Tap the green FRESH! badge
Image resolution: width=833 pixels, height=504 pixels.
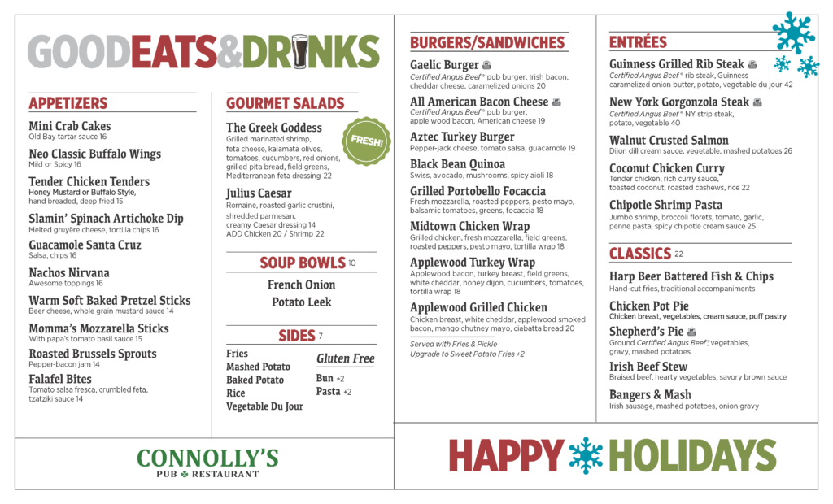[x=367, y=141]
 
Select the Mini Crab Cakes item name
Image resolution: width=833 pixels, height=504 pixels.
[x=70, y=126]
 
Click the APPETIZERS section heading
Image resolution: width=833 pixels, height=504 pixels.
[x=68, y=103]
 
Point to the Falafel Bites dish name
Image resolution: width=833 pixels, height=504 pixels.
[x=60, y=379]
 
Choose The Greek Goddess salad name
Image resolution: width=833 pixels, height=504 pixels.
[x=274, y=128]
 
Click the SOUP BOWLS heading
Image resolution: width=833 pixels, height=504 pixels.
[x=303, y=263]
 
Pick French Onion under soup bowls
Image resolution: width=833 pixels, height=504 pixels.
[x=301, y=285]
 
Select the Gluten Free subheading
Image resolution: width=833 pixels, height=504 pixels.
[x=345, y=358]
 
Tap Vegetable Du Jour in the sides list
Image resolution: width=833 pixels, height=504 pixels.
[x=264, y=406]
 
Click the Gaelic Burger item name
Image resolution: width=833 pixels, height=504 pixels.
[x=444, y=65]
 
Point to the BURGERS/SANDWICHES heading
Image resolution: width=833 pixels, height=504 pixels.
[x=487, y=42]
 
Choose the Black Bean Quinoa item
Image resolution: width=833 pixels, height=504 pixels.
[x=457, y=164]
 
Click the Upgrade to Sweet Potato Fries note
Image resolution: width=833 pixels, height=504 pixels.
[x=467, y=354]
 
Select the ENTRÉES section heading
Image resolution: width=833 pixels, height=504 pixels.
[x=638, y=42]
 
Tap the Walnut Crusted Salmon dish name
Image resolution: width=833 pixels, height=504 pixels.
[x=669, y=141]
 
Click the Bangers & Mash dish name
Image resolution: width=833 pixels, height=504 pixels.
[x=650, y=395]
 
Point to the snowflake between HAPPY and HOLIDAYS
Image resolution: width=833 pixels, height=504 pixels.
[x=586, y=455]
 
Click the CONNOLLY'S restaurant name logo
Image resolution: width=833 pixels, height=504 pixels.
[x=207, y=458]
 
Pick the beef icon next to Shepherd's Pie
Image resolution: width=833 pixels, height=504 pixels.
[x=691, y=332]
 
